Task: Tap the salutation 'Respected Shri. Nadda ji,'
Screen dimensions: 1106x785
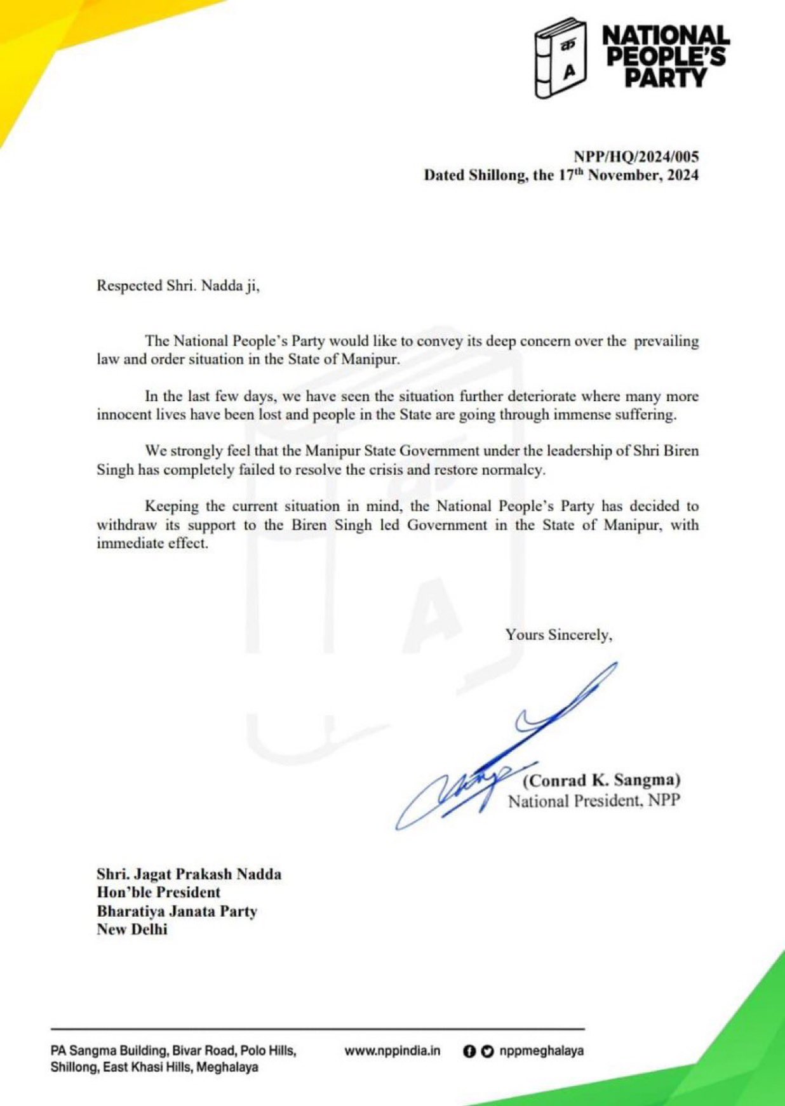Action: tap(178, 286)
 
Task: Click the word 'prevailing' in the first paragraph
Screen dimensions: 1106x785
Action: tap(666, 341)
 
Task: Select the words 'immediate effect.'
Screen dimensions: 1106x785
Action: tap(152, 543)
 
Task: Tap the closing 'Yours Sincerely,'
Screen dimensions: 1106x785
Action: tap(559, 634)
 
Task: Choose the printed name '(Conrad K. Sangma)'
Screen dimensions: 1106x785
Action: tap(601, 780)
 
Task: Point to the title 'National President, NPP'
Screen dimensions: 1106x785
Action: tap(594, 801)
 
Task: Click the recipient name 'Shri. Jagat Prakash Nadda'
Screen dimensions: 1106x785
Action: tap(189, 874)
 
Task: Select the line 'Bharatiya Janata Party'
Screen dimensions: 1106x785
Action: tap(177, 911)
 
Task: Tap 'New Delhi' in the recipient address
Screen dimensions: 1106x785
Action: tap(132, 929)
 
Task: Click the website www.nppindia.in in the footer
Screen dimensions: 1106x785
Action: tap(392, 1051)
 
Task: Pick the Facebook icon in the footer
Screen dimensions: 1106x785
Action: tap(469, 1051)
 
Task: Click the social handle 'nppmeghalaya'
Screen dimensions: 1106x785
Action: tap(541, 1051)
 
